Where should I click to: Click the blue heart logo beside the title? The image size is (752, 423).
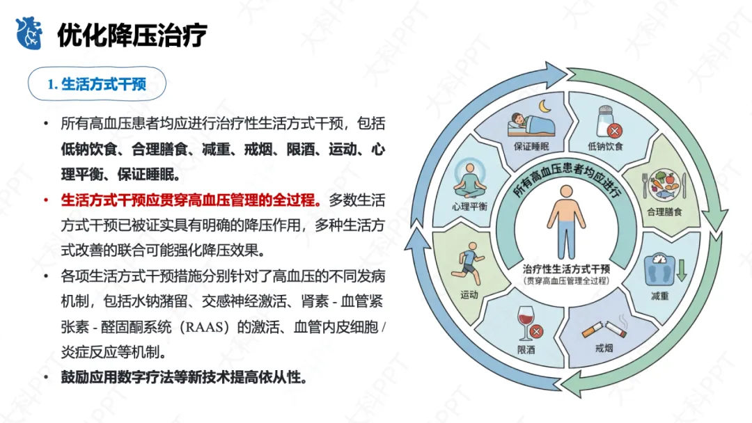(29, 33)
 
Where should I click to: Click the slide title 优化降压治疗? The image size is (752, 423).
(132, 34)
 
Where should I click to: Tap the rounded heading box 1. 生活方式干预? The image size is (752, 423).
(97, 84)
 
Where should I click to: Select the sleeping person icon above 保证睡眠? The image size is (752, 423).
(528, 122)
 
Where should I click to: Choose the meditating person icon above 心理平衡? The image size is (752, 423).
(469, 179)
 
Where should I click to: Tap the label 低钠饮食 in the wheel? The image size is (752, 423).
(605, 147)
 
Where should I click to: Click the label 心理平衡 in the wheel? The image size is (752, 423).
(469, 206)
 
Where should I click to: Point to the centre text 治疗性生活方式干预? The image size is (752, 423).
(566, 269)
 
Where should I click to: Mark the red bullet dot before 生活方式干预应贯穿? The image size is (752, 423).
(46, 200)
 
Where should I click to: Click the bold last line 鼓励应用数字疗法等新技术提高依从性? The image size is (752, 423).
(184, 378)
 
